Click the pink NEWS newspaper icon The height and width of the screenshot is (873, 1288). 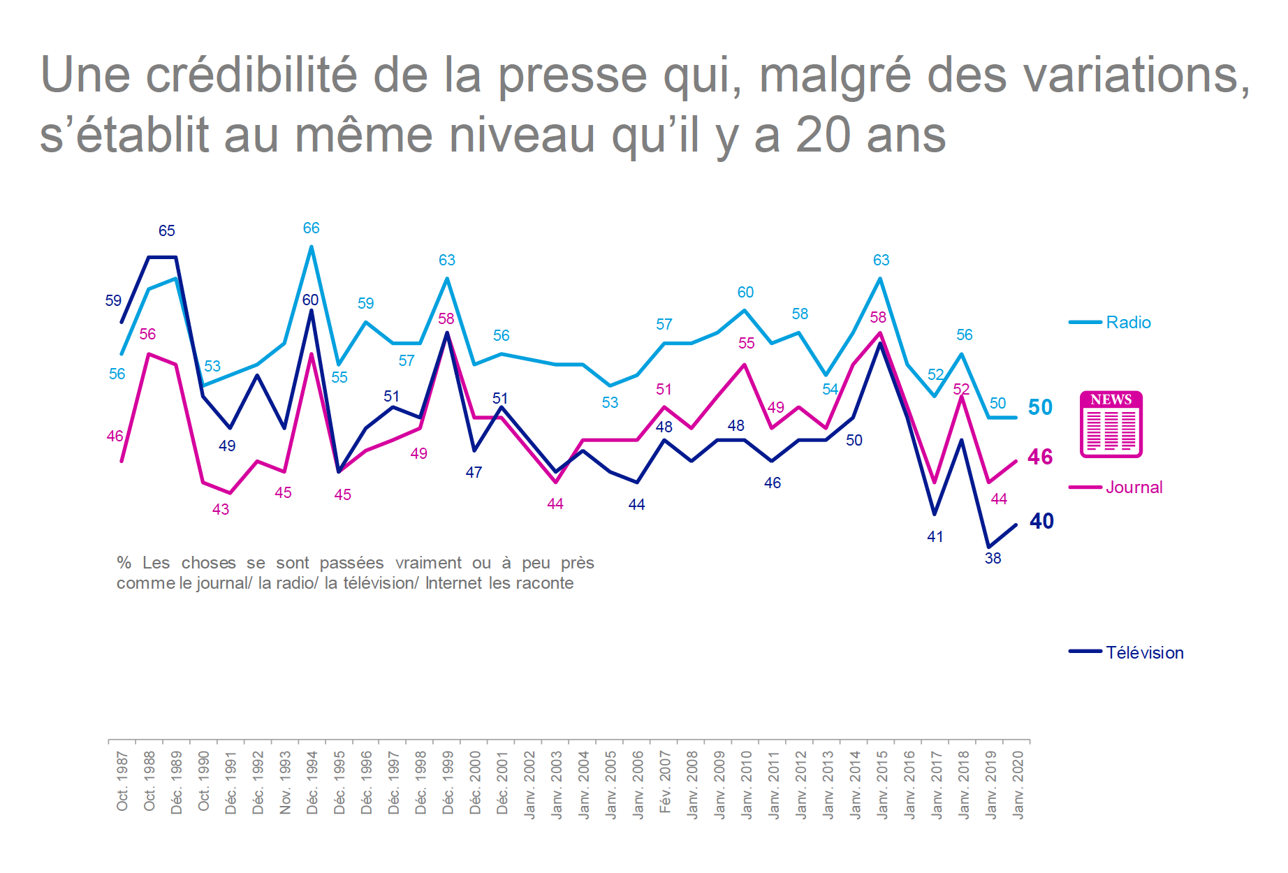[1111, 425]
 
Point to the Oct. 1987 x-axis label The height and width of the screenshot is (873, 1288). [123, 781]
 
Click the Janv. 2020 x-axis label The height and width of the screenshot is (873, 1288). [1018, 784]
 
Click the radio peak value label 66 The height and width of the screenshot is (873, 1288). [311, 228]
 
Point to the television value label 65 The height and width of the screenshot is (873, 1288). [166, 230]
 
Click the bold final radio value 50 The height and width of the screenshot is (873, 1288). [1040, 407]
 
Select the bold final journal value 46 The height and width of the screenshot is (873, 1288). [1040, 457]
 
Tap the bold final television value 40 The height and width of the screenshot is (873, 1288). [1041, 521]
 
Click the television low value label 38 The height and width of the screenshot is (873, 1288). [993, 558]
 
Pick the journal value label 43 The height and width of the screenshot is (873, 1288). [221, 509]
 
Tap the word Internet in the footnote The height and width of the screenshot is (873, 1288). [454, 583]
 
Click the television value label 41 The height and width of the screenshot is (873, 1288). [935, 536]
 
